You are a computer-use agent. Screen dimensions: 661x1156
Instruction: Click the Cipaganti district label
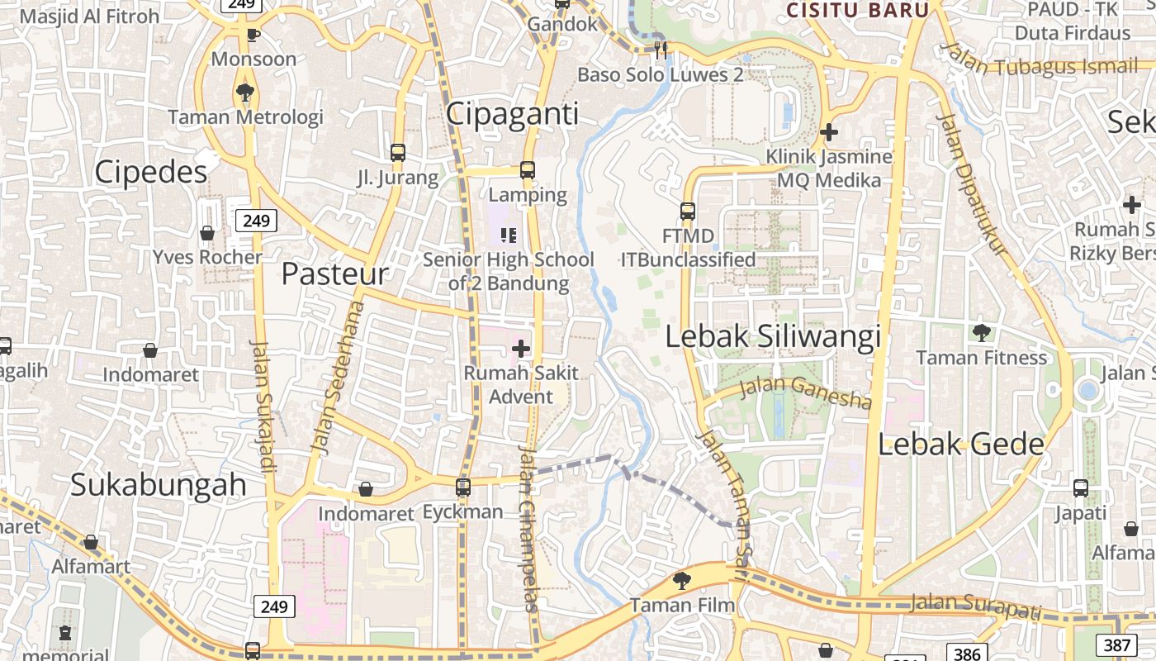click(x=513, y=114)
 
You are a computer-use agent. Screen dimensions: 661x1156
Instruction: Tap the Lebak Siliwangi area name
click(x=773, y=336)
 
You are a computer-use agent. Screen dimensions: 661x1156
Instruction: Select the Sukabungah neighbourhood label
click(x=159, y=485)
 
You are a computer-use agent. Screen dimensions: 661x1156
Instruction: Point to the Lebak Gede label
click(x=960, y=445)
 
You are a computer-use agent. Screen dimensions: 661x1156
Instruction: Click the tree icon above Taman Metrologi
click(x=244, y=92)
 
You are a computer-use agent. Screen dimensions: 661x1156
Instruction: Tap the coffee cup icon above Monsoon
click(x=253, y=35)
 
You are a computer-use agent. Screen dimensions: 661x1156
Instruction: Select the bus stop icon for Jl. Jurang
click(x=398, y=153)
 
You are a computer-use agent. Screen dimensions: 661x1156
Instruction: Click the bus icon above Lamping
click(x=528, y=171)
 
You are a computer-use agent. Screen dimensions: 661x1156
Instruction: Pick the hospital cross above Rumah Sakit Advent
click(x=521, y=349)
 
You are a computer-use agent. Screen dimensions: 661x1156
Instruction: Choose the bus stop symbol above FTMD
click(x=688, y=212)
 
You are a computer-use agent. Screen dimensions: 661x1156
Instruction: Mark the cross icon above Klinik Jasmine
click(x=829, y=132)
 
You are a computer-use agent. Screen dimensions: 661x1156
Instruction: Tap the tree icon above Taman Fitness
click(x=981, y=333)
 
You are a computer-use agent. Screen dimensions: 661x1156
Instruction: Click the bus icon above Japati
click(x=1081, y=488)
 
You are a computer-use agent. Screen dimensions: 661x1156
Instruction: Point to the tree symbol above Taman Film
click(x=682, y=581)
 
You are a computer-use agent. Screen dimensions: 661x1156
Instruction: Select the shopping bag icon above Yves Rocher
click(x=207, y=233)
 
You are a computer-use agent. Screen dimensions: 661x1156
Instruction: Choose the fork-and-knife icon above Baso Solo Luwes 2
click(x=661, y=50)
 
